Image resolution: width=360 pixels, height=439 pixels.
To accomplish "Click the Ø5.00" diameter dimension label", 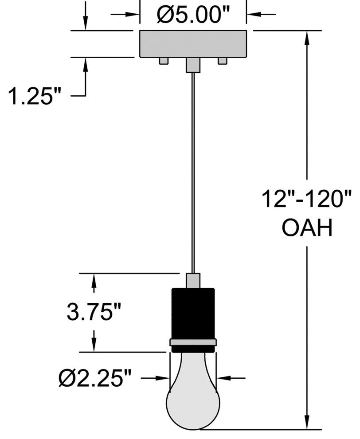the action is (193, 14).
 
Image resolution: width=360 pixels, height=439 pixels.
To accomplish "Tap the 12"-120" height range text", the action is (306, 199).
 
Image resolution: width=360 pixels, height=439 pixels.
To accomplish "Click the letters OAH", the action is (307, 227).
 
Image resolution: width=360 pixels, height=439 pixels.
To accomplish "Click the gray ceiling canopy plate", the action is (193, 44).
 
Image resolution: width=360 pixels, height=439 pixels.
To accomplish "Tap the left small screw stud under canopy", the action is (164, 61).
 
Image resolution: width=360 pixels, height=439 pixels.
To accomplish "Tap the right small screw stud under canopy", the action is (222, 61).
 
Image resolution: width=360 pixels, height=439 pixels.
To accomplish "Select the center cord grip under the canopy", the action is (193, 65).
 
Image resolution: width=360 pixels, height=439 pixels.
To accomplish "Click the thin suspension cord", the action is (193, 172).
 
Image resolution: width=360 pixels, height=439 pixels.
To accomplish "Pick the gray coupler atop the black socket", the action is (193, 281).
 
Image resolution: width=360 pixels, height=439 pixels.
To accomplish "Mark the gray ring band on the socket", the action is (193, 342).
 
